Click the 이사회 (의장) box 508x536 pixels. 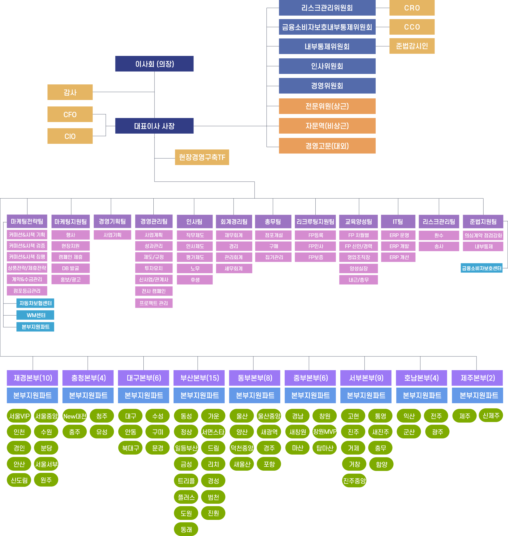(154, 64)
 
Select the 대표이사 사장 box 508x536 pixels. (154, 126)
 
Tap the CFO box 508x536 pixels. (70, 114)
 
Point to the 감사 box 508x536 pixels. (70, 92)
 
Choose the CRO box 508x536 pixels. (412, 8)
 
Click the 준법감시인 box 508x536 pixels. (412, 46)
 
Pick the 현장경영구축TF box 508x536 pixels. (202, 157)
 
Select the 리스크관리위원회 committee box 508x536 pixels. (327, 8)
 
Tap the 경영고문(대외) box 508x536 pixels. (327, 146)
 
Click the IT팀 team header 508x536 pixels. (398, 221)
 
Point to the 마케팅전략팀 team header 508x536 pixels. (27, 221)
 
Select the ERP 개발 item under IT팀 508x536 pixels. (398, 246)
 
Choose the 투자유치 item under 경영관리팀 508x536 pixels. (154, 268)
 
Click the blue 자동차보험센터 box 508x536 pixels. (36, 303)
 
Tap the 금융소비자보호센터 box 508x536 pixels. (481, 268)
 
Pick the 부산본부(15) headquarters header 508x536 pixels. (199, 378)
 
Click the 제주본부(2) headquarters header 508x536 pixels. (477, 378)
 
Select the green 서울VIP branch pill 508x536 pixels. (19, 416)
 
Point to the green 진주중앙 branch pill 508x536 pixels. (354, 481)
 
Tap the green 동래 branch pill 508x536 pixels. (186, 529)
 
